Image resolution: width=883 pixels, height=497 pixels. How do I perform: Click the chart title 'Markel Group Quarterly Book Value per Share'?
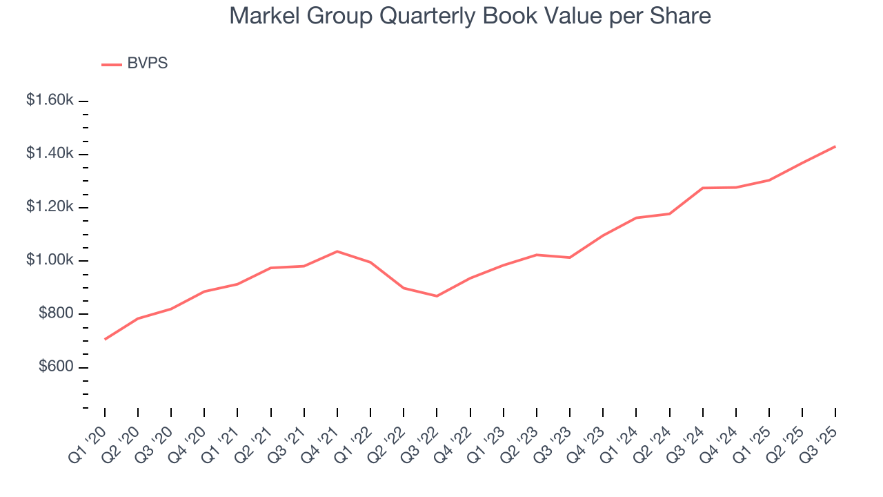click(470, 16)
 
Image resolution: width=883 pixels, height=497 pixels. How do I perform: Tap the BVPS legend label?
click(148, 64)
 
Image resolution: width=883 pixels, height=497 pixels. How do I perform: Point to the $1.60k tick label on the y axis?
click(50, 100)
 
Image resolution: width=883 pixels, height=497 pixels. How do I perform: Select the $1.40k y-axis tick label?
click(50, 153)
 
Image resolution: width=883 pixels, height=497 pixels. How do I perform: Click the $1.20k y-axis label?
click(50, 207)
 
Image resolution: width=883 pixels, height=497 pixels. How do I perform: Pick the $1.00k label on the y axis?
click(50, 260)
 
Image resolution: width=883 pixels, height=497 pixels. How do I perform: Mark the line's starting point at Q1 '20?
click(105, 339)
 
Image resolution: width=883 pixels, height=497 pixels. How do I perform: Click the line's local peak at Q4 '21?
click(337, 251)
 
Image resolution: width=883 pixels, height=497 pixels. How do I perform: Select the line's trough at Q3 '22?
click(437, 296)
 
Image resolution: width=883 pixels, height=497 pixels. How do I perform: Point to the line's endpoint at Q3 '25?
click(835, 146)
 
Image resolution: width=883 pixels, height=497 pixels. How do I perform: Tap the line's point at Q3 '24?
click(703, 188)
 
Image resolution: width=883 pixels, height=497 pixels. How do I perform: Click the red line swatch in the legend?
click(112, 64)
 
